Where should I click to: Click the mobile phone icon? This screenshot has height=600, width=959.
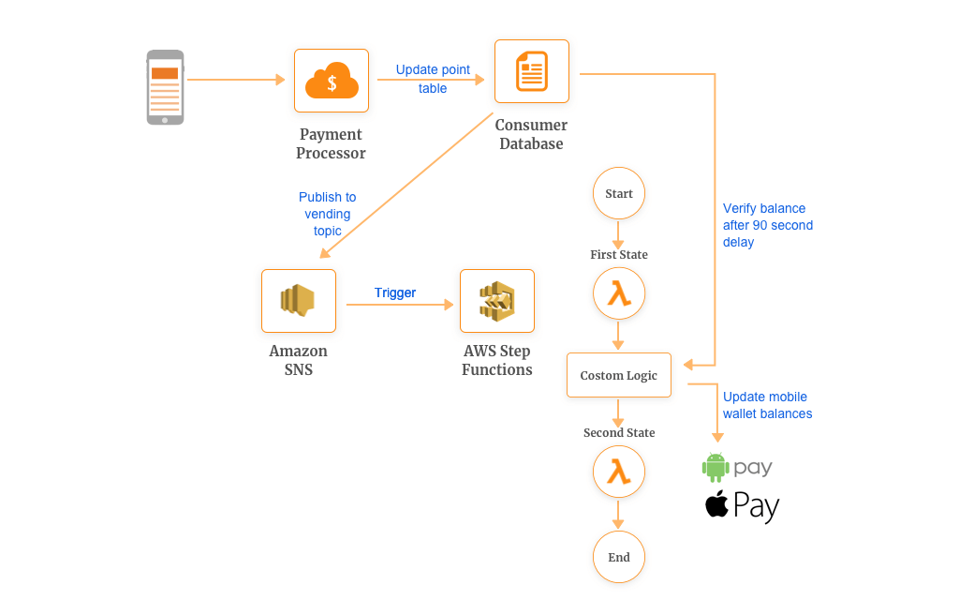click(x=165, y=87)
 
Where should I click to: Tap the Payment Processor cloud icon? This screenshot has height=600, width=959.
click(x=332, y=81)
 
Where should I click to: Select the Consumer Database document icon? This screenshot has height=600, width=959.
click(x=532, y=71)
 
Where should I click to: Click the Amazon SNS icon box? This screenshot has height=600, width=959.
click(x=299, y=301)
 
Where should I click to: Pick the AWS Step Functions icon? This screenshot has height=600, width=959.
click(x=497, y=301)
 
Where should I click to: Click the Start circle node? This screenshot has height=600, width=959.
click(x=619, y=193)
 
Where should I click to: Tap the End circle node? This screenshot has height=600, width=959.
click(x=619, y=557)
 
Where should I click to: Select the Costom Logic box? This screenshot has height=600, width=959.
click(x=619, y=375)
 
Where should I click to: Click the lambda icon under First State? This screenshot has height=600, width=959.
click(x=619, y=293)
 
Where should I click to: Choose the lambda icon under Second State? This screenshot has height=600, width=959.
click(x=619, y=472)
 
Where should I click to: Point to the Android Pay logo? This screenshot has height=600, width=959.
click(x=737, y=468)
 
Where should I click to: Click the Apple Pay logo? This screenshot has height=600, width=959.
click(x=742, y=506)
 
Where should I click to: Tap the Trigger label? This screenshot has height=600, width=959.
click(x=395, y=292)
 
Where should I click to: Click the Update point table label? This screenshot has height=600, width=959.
click(x=433, y=79)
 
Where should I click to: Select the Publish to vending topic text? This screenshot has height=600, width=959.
click(x=327, y=215)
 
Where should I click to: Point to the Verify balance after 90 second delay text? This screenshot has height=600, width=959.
click(x=768, y=225)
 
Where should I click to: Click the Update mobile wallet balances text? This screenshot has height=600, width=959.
click(x=768, y=405)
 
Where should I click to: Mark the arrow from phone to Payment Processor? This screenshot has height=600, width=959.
click(x=236, y=80)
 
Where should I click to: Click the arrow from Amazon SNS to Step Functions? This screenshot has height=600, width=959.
click(x=400, y=305)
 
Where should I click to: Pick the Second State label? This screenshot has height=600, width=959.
click(x=619, y=433)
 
